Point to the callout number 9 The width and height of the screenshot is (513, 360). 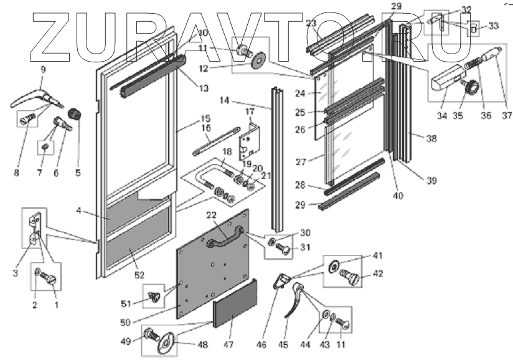click(43, 70)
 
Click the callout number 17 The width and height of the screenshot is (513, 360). click(250, 111)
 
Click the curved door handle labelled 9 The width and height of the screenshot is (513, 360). click(37, 98)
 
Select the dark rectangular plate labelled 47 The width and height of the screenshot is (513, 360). click(235, 304)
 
